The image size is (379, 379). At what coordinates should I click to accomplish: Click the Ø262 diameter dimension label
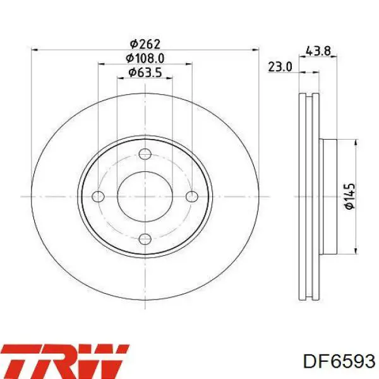(x=145, y=44)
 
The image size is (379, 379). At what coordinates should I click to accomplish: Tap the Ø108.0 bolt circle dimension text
(x=145, y=58)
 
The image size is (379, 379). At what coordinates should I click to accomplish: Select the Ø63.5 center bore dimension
(x=145, y=72)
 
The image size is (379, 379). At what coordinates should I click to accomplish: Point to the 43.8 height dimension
(x=318, y=51)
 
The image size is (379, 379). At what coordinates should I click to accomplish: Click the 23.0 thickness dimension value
(x=280, y=67)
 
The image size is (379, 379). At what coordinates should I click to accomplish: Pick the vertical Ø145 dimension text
(x=350, y=196)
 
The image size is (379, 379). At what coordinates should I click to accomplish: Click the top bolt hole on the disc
(x=145, y=154)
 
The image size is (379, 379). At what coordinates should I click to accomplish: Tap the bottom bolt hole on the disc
(x=145, y=239)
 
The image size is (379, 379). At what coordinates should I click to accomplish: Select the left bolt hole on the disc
(x=99, y=196)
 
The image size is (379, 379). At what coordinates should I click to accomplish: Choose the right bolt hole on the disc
(x=192, y=196)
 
